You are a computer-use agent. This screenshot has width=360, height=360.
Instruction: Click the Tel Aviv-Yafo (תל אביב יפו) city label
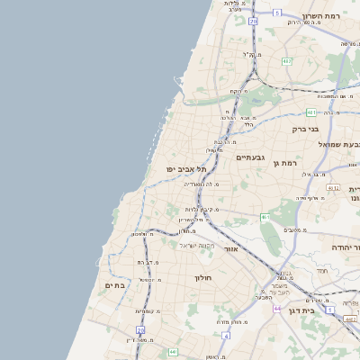[x=186, y=169]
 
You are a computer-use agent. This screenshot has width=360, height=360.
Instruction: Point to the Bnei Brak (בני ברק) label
[x=306, y=129]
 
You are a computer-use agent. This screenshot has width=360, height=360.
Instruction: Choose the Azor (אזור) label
[x=230, y=248]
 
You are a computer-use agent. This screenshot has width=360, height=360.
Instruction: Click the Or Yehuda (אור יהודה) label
[x=340, y=246]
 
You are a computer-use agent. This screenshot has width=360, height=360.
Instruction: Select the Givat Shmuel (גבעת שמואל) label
[x=340, y=144]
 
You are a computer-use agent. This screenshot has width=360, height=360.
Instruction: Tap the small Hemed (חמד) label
[x=321, y=271]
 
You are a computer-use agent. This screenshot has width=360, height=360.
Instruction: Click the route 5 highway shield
[x=278, y=13]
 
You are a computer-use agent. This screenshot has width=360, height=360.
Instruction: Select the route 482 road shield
[x=286, y=61]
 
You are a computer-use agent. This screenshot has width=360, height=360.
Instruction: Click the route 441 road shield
[x=311, y=112]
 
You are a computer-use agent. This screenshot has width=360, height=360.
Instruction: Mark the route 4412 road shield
[x=334, y=188]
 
